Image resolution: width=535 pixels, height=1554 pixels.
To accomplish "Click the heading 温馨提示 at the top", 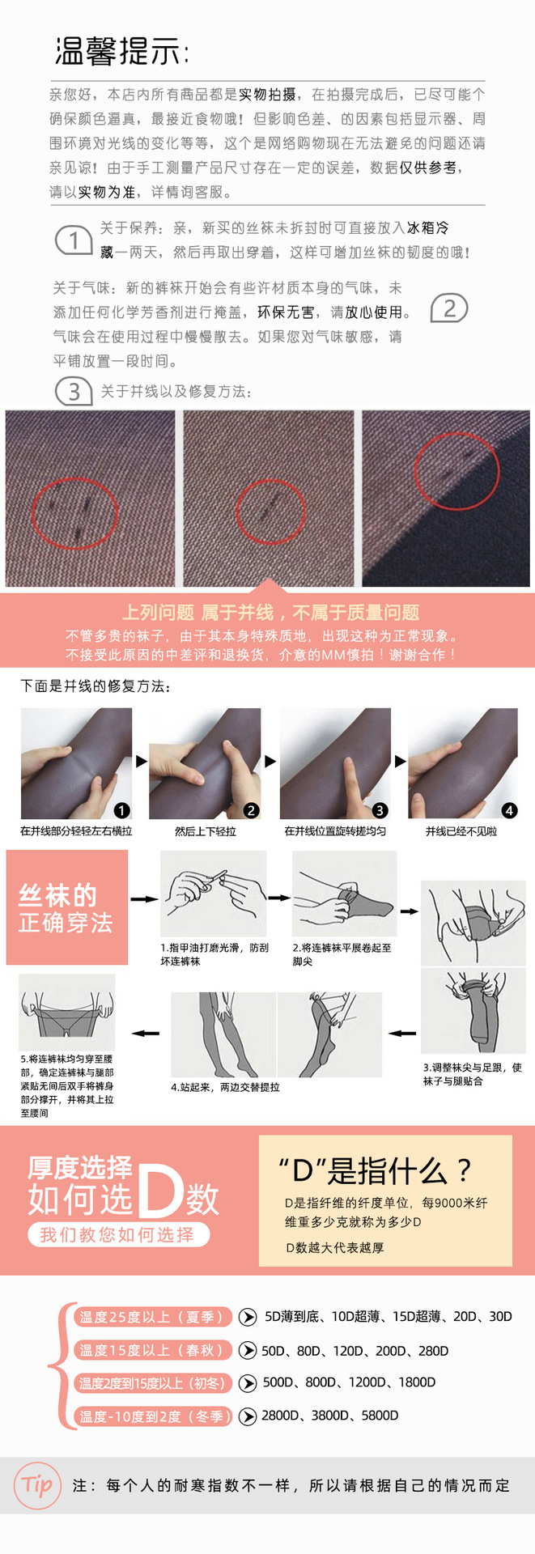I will click(121, 51).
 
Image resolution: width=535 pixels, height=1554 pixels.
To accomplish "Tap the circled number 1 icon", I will click(74, 240).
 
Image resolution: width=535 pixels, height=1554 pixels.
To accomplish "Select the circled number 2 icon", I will click(449, 308).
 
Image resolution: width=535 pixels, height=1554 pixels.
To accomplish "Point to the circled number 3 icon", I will click(74, 392).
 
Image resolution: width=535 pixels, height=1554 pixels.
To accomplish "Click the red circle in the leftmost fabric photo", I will click(74, 514).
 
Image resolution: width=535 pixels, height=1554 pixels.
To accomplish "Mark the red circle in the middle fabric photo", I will click(270, 512).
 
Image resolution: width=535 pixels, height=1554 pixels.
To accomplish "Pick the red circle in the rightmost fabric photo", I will click(456, 471).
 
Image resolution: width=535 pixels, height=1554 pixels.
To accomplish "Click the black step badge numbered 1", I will click(122, 810).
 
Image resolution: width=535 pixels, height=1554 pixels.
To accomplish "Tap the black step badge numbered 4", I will click(509, 810).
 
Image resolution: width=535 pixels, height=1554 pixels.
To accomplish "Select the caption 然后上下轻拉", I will click(206, 831).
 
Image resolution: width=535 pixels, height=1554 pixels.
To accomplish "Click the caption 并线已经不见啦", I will click(461, 831).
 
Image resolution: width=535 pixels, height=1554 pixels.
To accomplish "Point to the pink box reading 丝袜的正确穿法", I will click(67, 907).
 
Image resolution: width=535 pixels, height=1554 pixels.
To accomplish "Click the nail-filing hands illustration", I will click(214, 894).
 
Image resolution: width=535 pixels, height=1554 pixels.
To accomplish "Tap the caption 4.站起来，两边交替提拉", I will click(225, 1087).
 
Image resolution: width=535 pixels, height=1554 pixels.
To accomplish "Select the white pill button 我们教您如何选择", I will click(118, 1234).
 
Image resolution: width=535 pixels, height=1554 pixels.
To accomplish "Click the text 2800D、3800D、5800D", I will click(330, 1416).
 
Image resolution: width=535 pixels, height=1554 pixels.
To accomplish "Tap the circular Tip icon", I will click(38, 1485).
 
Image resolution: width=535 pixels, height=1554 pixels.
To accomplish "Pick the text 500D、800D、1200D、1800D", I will click(349, 1382).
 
